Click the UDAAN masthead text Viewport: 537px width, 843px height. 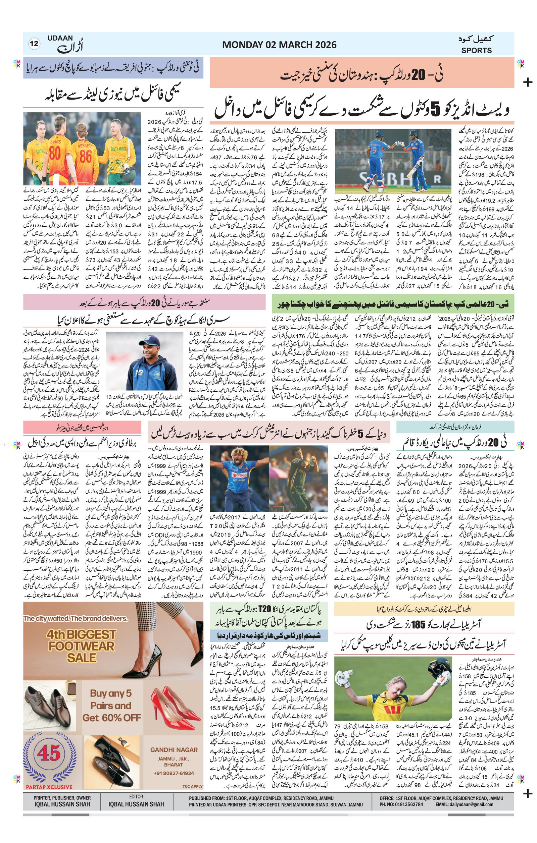point(60,38)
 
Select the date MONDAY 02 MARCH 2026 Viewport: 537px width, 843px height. point(279,45)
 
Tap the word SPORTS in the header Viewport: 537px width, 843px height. point(476,50)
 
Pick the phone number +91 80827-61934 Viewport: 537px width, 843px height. point(174,773)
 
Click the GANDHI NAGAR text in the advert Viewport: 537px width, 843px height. point(174,749)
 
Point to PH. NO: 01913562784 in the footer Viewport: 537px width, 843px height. point(401,804)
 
